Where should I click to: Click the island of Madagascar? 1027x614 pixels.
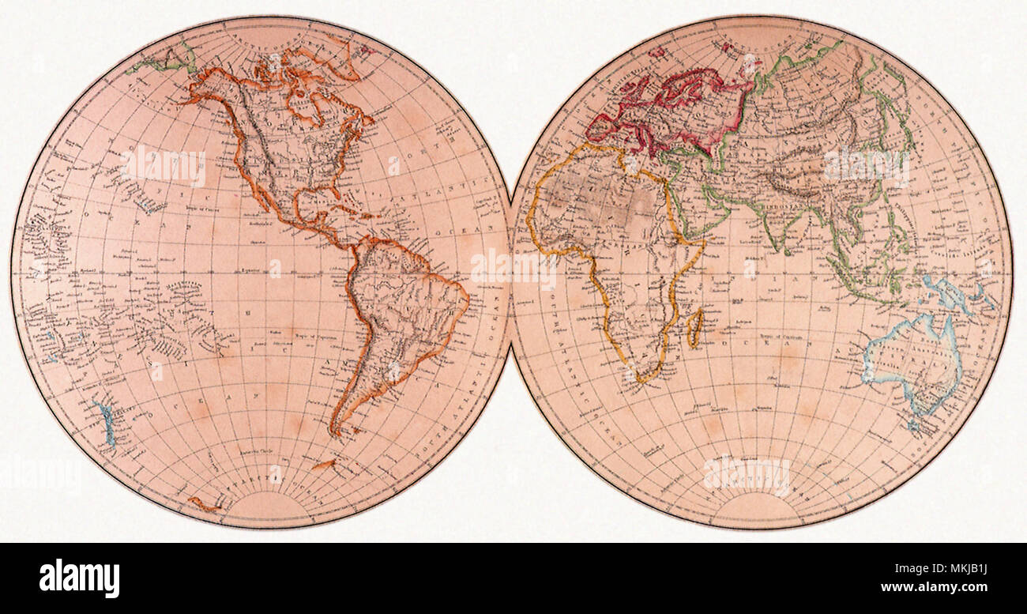coord(694,327)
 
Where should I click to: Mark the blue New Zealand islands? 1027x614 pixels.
coord(105,423)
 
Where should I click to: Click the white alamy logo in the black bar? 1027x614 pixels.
coord(79,578)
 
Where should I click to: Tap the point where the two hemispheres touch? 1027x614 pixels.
coord(511,273)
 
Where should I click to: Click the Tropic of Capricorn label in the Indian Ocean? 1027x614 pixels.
coord(798,341)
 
